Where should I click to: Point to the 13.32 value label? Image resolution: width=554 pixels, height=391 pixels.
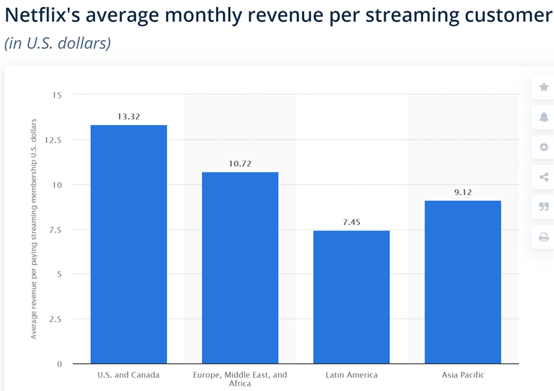coord(129,117)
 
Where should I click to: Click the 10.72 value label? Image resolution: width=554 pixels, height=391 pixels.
coord(240,164)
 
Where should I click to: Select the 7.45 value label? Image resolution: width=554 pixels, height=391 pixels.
coord(351,222)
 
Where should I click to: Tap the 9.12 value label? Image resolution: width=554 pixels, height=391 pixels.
coord(462,192)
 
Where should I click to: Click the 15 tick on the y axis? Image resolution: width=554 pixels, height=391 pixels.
coord(56,95)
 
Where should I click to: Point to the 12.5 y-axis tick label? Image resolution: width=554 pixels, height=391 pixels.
coord(53,140)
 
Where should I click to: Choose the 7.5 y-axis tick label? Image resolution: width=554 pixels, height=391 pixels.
coord(55,229)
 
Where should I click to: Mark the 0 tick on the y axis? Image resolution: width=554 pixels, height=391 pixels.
coord(59,364)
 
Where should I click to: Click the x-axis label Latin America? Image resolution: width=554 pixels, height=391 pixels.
coord(351,375)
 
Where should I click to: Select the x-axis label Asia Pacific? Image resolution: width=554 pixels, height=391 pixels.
coord(462,375)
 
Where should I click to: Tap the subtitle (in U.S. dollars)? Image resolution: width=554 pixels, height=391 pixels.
coord(58,42)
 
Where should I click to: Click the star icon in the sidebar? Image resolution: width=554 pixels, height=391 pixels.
coord(543,87)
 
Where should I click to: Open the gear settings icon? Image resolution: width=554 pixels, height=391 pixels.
coord(543,147)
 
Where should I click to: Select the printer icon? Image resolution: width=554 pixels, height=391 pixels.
coord(543,237)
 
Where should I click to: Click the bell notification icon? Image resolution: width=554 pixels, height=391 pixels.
coord(543,117)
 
